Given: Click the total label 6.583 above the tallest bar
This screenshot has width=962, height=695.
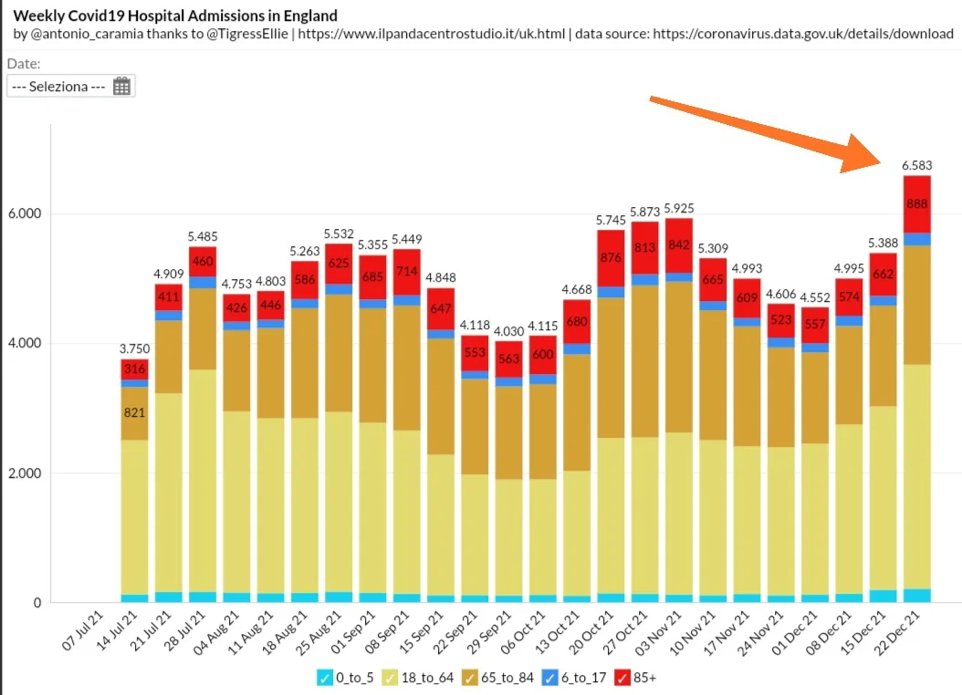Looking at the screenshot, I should coord(916,165).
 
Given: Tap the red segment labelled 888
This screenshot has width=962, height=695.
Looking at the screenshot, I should coord(916,203).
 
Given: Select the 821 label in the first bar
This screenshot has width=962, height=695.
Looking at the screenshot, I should coord(134,412).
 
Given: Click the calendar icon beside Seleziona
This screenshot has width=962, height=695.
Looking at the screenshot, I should coord(122,87).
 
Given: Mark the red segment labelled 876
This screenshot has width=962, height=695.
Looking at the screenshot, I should coord(611,256).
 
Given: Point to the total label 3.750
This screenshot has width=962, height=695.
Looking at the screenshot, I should coord(134,348).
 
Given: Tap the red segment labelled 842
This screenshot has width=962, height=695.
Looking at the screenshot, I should coord(678,244).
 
